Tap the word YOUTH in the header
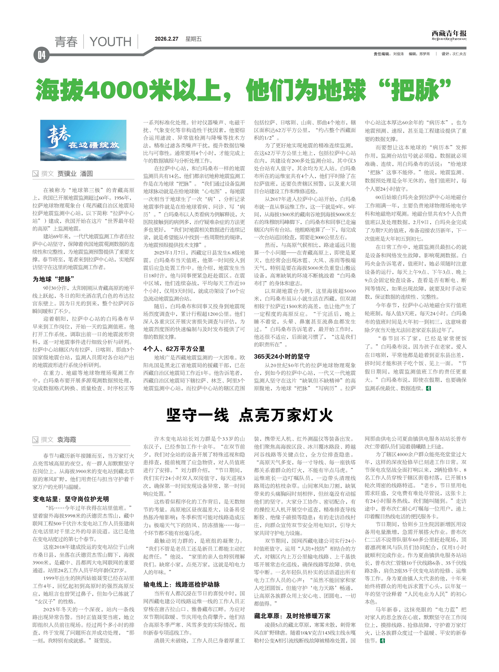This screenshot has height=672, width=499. (x=111, y=42)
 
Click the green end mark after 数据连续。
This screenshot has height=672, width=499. (x=428, y=388)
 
